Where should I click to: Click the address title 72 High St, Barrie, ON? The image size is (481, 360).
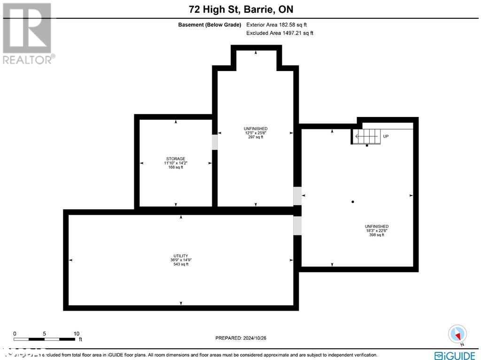click(x=240, y=9)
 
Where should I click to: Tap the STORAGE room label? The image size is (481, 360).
click(x=176, y=159)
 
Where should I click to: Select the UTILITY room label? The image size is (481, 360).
click(x=180, y=256)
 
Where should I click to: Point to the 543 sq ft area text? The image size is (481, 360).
click(x=180, y=265)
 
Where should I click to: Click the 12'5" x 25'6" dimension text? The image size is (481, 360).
click(x=256, y=133)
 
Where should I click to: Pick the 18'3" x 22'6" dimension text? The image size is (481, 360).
click(x=376, y=231)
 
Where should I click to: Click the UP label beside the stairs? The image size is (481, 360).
click(x=386, y=136)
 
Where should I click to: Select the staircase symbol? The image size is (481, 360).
click(x=366, y=137)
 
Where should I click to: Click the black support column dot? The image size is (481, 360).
click(x=353, y=202)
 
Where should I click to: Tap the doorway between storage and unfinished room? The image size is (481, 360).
click(x=215, y=142)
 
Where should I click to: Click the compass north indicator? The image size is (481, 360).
click(x=457, y=334)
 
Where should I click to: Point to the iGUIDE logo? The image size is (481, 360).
click(x=455, y=355)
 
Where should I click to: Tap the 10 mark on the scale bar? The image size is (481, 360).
click(x=77, y=333)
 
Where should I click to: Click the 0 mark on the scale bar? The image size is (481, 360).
click(x=15, y=333)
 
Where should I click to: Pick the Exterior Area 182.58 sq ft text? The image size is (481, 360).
click(x=277, y=25)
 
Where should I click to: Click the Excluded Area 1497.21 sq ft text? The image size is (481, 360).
click(x=279, y=33)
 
